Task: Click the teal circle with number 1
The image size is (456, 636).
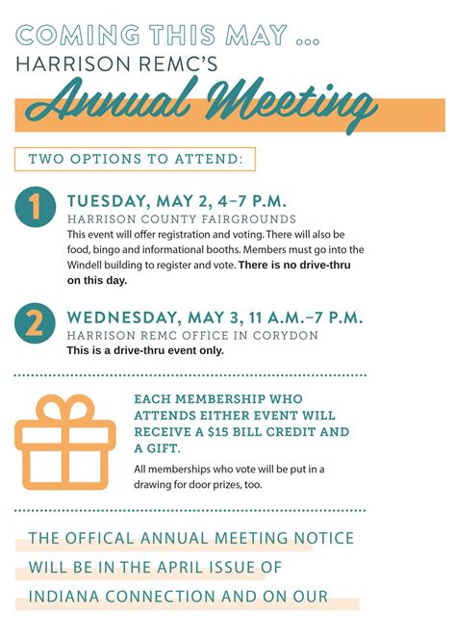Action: [36, 209]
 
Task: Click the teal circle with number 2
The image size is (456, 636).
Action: [36, 322]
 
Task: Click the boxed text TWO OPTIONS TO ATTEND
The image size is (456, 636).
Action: [135, 159]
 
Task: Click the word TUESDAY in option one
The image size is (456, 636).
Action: [107, 201]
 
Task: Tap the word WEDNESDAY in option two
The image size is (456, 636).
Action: [122, 317]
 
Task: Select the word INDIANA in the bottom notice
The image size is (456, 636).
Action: [66, 597]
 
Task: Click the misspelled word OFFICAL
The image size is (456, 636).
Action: [109, 539]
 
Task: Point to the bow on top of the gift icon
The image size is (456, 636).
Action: [64, 408]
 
